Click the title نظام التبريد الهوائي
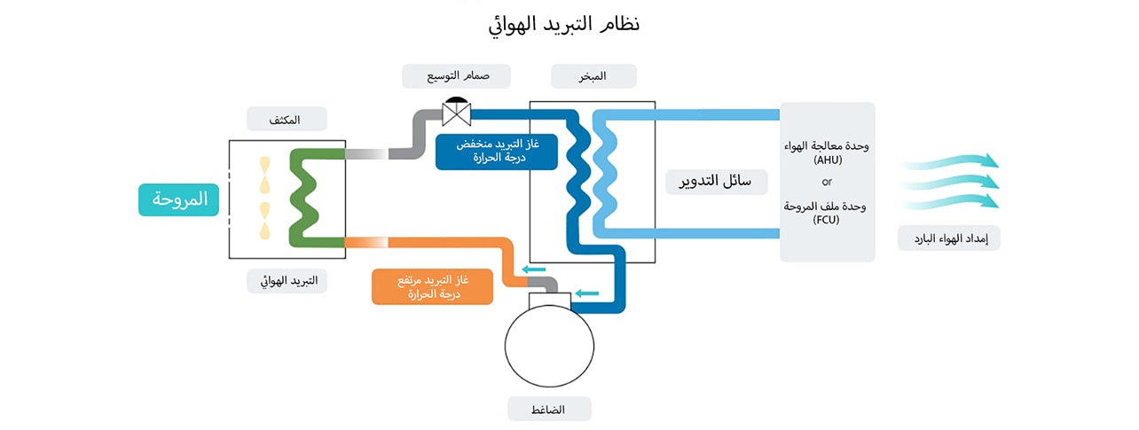click(x=564, y=24)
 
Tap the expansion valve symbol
click(x=456, y=112)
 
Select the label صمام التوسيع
click(x=456, y=75)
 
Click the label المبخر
click(x=593, y=75)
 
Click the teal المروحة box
click(x=178, y=199)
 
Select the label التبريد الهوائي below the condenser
click(x=287, y=281)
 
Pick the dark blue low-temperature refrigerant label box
click(x=497, y=151)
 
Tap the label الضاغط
click(x=549, y=409)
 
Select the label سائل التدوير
click(x=716, y=182)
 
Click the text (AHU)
click(x=826, y=160)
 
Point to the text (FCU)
click(x=826, y=221)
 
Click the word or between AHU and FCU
click(x=827, y=182)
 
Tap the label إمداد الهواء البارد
click(x=948, y=238)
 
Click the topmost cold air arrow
click(x=949, y=160)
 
